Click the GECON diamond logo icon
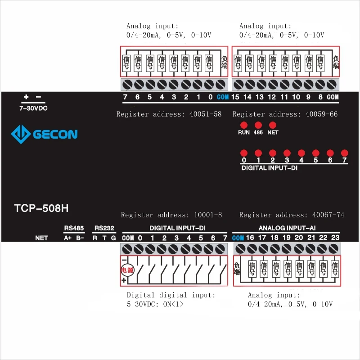21,134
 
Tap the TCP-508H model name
41,208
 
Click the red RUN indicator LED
244,125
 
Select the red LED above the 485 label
258,125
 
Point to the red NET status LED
273,125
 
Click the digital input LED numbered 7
344,153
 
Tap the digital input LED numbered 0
244,153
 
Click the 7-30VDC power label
33,108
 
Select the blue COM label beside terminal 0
222,97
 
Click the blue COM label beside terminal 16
238,238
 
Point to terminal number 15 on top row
235,97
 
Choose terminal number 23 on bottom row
335,238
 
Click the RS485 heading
74,228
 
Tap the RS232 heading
104,228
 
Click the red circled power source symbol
127,270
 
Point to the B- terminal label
80,238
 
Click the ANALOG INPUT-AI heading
287,228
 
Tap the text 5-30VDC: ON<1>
155,304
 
